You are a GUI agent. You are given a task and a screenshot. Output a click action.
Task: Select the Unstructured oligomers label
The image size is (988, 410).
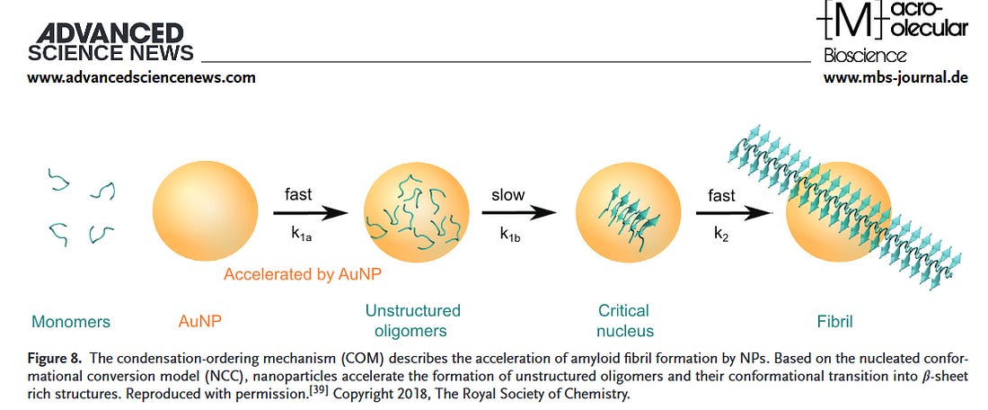(412, 320)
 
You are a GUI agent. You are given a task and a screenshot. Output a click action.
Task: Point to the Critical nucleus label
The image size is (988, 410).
(622, 320)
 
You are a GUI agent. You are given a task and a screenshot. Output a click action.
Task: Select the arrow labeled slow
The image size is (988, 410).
(518, 213)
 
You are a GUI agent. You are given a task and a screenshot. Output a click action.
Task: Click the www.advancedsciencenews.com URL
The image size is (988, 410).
(141, 77)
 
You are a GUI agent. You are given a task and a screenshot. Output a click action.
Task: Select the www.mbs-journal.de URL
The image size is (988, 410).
(895, 77)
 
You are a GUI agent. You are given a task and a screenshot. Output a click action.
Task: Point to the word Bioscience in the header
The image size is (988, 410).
(865, 56)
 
